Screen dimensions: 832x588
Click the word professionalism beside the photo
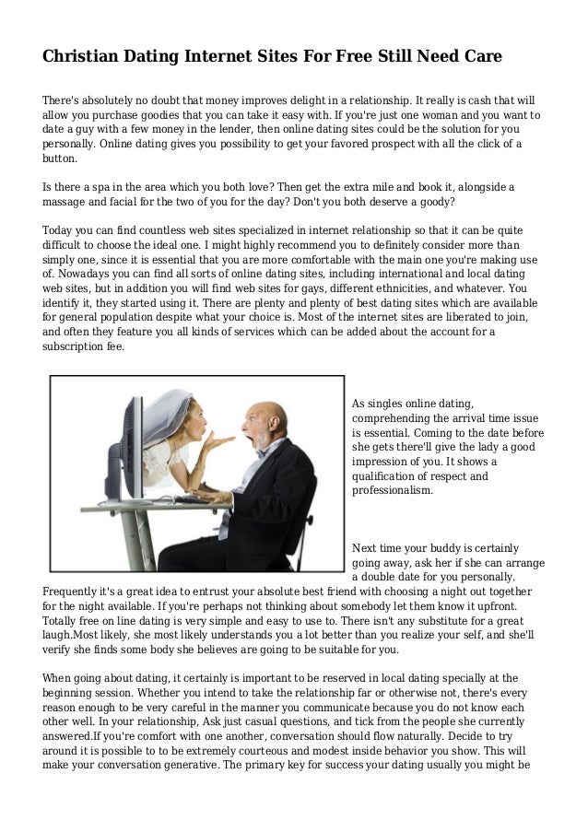point(392,491)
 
